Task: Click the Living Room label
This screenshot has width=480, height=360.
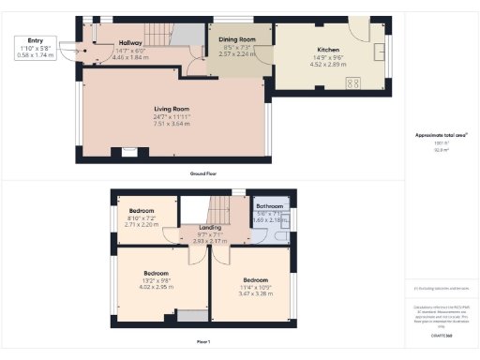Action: tap(172, 110)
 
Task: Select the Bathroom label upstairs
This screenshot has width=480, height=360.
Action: tap(270, 205)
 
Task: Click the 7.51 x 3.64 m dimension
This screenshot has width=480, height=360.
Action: tap(172, 124)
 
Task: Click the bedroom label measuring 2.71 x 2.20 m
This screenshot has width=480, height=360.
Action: tap(142, 211)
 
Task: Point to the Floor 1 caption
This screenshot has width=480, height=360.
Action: tap(202, 340)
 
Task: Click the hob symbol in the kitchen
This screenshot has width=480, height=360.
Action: tap(356, 82)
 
